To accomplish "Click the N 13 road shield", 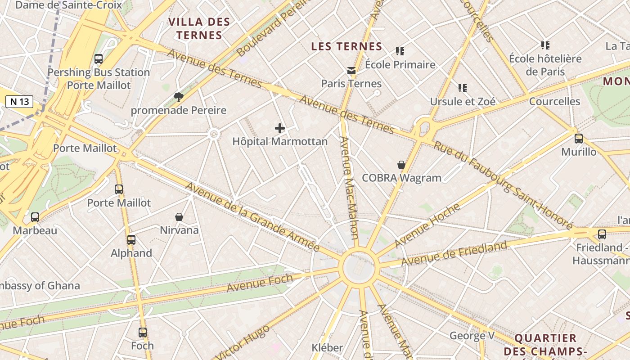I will (x=19, y=102).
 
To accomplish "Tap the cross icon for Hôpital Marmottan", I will (x=280, y=128).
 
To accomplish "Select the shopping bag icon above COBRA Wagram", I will (x=401, y=165).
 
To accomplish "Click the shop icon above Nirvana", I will (x=179, y=217).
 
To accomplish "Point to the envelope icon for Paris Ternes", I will (x=351, y=71).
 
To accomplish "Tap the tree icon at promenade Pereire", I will (x=179, y=97).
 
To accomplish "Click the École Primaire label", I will (x=400, y=65).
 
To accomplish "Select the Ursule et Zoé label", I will (x=463, y=102).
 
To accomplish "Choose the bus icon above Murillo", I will (x=579, y=139).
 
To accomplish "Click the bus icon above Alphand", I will (x=131, y=240).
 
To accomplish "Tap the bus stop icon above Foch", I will (x=143, y=333).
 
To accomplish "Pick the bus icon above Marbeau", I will (x=35, y=217).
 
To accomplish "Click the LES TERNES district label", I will (x=346, y=46).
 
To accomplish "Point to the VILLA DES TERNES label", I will (x=199, y=28).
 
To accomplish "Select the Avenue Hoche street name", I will (x=427, y=225).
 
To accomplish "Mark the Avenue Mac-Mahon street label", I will (x=349, y=188).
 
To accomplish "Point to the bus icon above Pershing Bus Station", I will (x=99, y=59).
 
